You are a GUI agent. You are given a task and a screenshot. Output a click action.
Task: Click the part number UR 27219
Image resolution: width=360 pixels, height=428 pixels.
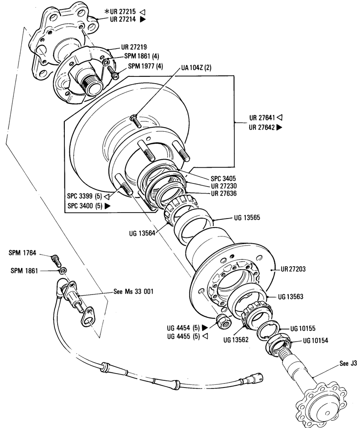134,47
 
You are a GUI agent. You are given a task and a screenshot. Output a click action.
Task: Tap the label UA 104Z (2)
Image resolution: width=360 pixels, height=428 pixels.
196,67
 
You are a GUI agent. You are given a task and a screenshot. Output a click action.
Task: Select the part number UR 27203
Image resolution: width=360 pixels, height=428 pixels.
293,269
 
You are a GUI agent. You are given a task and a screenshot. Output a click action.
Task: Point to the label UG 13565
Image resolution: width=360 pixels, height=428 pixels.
247,218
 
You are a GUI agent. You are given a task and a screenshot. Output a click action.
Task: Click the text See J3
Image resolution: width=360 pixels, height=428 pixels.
348,363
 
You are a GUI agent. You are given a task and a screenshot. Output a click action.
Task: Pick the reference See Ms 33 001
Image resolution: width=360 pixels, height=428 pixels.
133,291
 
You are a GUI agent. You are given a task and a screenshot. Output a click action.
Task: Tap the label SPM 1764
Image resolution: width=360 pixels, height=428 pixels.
22,253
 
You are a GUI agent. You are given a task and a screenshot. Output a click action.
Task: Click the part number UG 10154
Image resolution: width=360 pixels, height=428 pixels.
315,341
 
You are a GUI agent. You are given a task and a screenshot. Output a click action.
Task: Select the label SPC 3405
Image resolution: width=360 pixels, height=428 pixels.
223,179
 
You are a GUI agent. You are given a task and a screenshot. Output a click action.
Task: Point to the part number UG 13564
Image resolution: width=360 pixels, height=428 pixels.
142,233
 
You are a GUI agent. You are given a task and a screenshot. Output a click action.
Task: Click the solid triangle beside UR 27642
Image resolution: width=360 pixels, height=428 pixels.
279,127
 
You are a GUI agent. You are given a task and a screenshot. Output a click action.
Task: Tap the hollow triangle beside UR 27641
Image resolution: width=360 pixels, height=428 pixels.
279,117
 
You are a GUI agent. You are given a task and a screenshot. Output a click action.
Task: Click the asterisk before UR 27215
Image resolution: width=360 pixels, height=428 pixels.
107,12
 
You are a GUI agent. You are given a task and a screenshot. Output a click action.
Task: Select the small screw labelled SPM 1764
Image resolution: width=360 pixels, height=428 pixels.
56,260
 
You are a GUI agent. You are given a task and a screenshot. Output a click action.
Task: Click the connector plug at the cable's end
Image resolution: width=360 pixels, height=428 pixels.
254,379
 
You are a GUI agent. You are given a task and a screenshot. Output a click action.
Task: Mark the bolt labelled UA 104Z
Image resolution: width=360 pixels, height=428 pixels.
136,121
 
